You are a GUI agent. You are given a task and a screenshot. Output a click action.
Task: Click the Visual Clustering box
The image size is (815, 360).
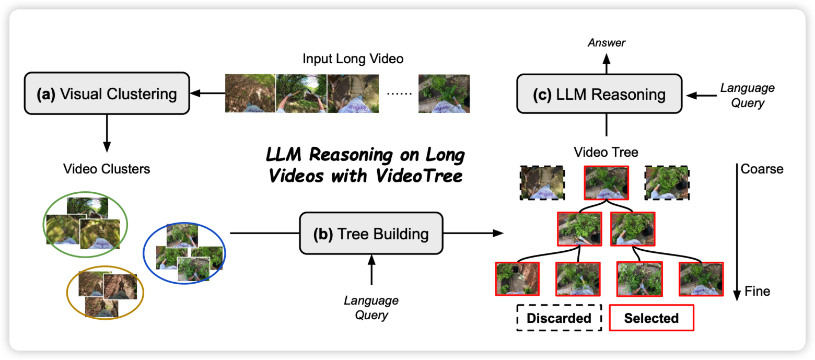pos(107,94)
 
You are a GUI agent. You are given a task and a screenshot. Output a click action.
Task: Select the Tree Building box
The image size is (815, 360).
pos(370,234)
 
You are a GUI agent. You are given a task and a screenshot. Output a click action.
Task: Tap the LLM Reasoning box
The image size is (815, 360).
pos(599,94)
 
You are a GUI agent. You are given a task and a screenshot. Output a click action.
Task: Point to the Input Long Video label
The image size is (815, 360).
pos(353,59)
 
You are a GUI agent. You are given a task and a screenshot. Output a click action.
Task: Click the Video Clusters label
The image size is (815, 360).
pos(107,169)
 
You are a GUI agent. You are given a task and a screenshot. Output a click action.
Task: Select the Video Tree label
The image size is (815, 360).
pos(606,153)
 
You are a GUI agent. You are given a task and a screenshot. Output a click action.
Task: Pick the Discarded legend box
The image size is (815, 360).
pos(559,318)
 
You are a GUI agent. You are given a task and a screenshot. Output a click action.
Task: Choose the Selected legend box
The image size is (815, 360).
pos(651,318)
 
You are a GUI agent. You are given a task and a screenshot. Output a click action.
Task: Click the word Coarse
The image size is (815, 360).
pos(762,169)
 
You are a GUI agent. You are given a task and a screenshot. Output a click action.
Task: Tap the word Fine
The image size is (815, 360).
pos(758,291)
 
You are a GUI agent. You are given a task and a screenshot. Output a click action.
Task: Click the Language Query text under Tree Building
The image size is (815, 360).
pos(371,308)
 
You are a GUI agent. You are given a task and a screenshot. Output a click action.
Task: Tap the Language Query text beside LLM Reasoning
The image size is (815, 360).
pos(747,95)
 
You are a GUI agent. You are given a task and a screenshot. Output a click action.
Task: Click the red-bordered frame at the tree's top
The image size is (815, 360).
pos(607,183)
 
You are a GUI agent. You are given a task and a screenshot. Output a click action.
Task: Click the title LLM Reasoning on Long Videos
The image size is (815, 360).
pos(365,165)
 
